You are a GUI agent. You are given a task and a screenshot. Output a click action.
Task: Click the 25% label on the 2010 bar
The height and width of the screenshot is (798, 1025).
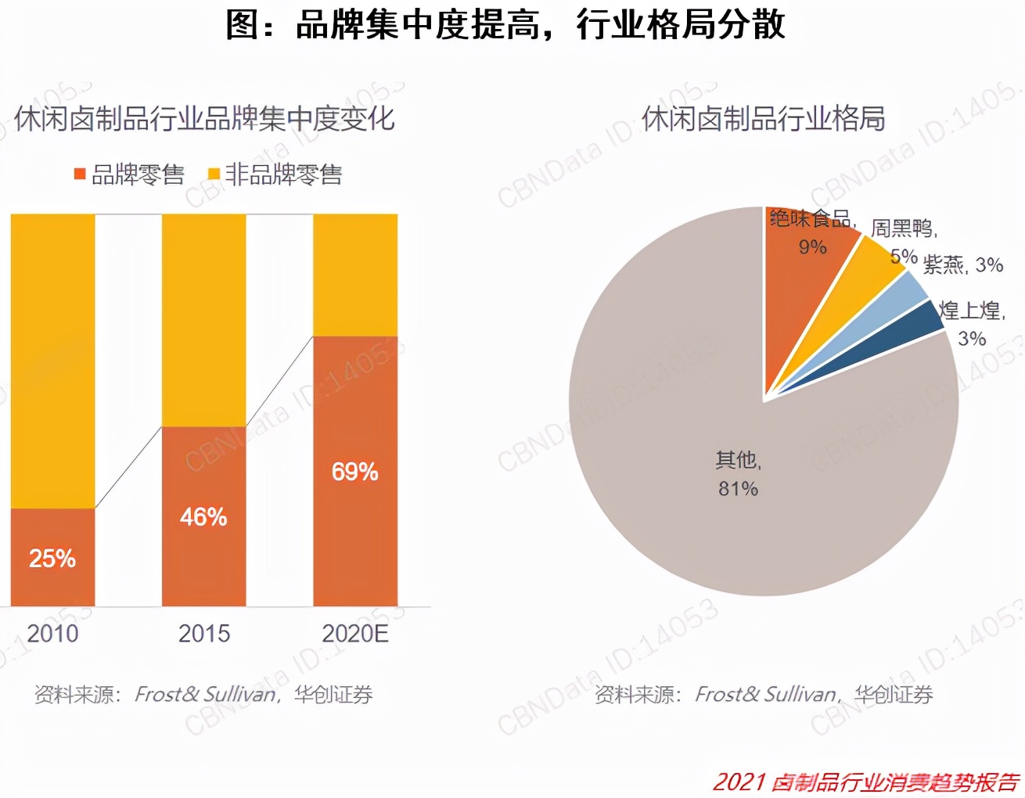(52, 559)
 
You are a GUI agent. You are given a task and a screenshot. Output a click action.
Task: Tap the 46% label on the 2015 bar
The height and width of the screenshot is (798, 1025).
(203, 517)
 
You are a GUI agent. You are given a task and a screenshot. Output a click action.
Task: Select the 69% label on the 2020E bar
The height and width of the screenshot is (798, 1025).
(354, 472)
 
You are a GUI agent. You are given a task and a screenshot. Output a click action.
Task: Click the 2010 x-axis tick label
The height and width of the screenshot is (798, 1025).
(52, 633)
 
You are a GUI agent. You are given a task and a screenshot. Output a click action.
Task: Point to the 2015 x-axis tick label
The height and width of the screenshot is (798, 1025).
(204, 633)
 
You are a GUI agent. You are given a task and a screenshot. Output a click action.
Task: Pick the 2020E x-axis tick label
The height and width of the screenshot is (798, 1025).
(355, 633)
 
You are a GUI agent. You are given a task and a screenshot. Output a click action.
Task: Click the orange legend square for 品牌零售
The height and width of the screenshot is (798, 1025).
(80, 174)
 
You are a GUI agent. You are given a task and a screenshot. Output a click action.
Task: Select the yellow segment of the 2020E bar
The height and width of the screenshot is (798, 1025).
(355, 274)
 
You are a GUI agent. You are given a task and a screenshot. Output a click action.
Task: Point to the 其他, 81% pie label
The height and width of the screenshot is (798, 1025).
(739, 474)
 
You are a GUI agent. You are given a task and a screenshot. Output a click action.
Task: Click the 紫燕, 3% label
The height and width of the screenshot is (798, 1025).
(962, 265)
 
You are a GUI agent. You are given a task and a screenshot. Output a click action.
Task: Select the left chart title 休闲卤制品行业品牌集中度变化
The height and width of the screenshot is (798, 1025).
(204, 119)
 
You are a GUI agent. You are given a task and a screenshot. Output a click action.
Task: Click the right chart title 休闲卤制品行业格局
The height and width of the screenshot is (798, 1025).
(763, 119)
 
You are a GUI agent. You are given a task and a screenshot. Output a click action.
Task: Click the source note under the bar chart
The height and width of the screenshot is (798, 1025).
(203, 694)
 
